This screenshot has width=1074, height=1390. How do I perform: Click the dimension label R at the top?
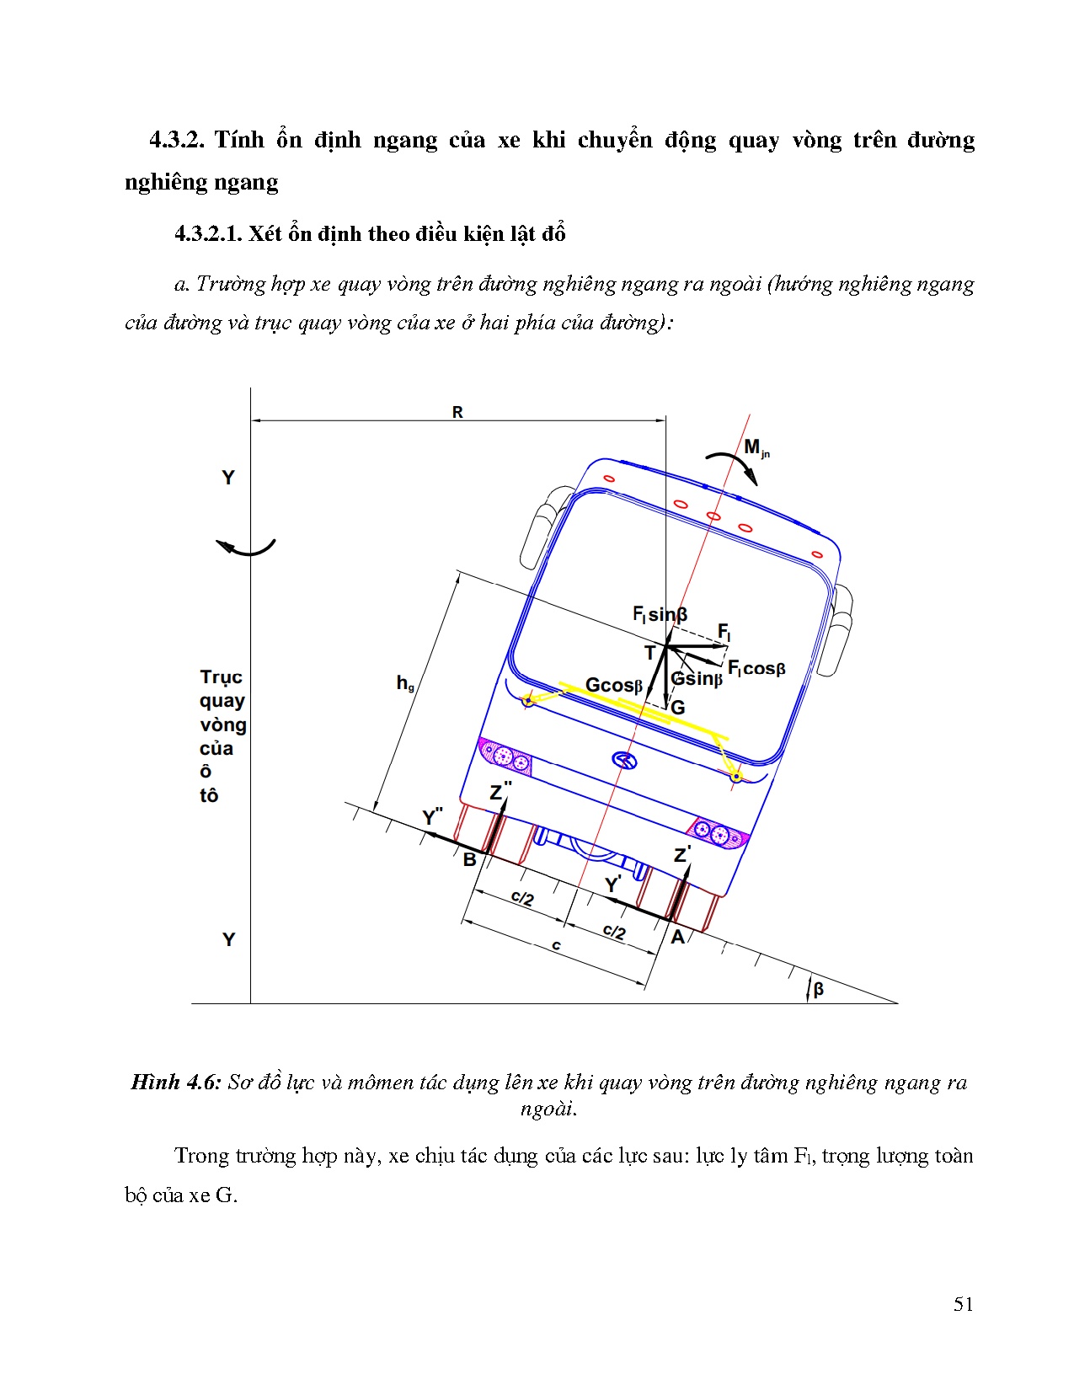[457, 412]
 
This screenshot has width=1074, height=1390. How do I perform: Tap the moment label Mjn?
[756, 448]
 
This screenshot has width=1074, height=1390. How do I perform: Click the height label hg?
[405, 683]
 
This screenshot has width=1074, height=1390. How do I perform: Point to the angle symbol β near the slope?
[818, 989]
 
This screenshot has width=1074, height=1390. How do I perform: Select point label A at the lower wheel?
[678, 937]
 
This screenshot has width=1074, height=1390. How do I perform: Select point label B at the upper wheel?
[469, 860]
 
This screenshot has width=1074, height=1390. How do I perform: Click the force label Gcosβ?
[613, 686]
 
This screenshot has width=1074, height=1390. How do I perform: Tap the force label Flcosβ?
[756, 669]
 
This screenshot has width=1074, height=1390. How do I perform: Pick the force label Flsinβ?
[660, 614]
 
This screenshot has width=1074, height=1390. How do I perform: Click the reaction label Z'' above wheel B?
[500, 791]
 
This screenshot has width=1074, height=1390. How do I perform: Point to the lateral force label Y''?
[432, 816]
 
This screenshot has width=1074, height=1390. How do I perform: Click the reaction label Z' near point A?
[682, 855]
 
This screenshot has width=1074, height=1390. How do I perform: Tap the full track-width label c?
[556, 946]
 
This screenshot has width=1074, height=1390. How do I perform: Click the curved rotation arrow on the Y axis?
[246, 548]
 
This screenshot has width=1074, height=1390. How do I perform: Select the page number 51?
[963, 1304]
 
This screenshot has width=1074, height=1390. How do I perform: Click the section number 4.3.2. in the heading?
[177, 140]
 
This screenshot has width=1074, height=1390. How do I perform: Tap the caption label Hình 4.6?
[175, 1083]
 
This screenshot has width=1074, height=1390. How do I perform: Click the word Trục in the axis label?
[221, 677]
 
